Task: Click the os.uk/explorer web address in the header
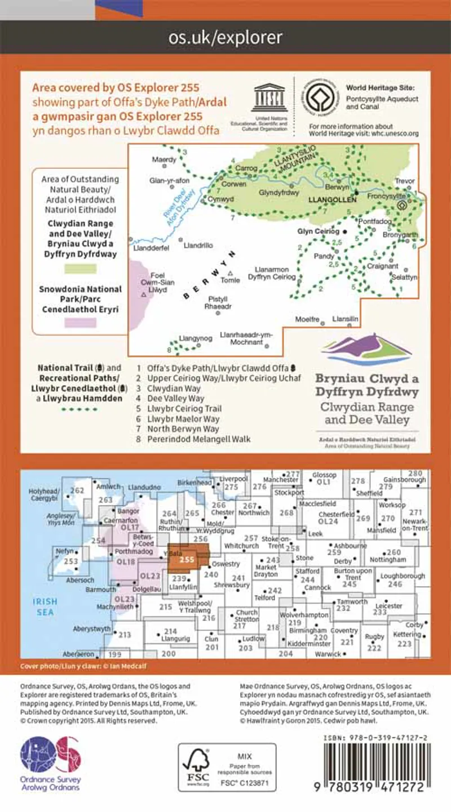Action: pos(225,38)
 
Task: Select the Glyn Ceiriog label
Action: pos(318,231)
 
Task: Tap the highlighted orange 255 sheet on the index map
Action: pos(187,559)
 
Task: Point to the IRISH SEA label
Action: pos(43,606)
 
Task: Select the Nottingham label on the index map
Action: pos(388,560)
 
